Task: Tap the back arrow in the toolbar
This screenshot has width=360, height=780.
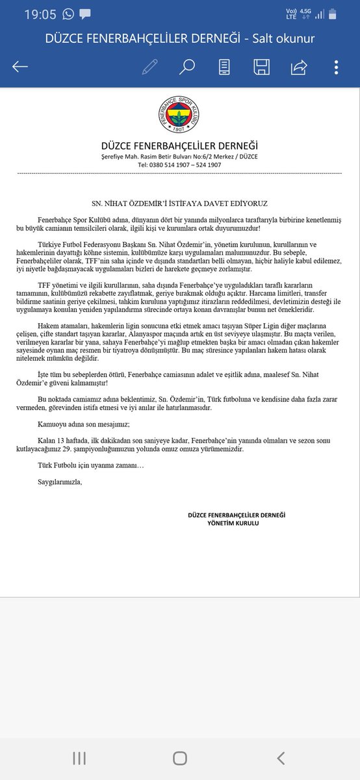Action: tap(20, 67)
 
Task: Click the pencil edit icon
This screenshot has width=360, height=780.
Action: tap(150, 67)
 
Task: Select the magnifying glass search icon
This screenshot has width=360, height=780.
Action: tap(187, 67)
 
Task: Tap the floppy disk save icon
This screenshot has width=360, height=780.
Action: tap(262, 67)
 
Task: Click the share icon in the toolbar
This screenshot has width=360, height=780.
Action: tap(300, 67)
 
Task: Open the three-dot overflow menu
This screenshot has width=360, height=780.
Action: tap(336, 67)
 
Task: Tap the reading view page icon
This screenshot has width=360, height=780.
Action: tap(224, 67)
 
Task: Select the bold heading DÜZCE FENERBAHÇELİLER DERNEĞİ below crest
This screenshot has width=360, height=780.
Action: tap(179, 145)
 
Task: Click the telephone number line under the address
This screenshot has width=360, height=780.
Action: tap(179, 165)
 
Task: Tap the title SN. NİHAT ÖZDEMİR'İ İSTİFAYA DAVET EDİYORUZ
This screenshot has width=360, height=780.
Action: tap(179, 203)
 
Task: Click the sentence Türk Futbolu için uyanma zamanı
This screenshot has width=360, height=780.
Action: tap(90, 465)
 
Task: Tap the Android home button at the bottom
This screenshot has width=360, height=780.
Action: tap(180, 758)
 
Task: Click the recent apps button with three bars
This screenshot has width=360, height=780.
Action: tap(79, 758)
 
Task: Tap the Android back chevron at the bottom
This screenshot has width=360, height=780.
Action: tap(281, 758)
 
